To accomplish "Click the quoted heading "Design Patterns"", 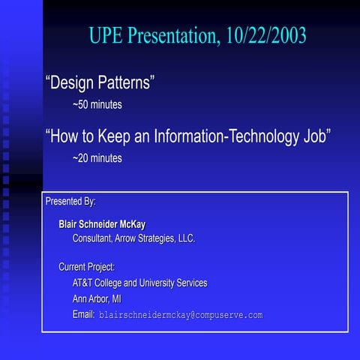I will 100,82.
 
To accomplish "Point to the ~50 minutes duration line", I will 97,105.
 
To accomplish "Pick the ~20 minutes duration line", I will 97,158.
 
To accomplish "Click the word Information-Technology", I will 227,136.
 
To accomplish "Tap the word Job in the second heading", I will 316,136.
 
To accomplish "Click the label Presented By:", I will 70,202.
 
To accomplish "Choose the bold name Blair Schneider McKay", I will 102,224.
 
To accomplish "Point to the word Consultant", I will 97,238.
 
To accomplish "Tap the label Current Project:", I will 86,267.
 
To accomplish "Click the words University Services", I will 173,283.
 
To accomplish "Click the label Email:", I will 83,315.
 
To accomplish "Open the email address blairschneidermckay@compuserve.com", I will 181,316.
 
